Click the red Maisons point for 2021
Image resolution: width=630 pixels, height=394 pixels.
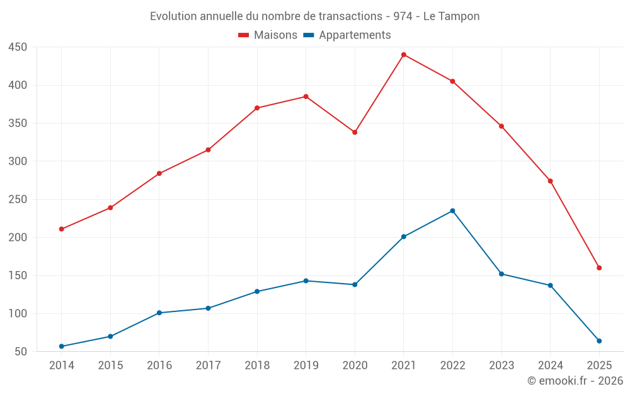tap(404, 55)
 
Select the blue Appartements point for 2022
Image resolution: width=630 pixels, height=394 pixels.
tap(452, 211)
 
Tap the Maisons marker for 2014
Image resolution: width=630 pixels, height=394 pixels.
tap(61, 229)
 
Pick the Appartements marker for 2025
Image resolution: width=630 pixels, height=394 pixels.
tap(599, 341)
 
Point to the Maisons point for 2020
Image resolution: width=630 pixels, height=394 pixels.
tap(355, 132)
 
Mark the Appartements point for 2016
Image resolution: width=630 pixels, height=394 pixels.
tap(159, 313)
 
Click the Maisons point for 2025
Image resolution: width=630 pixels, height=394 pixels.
tap(599, 268)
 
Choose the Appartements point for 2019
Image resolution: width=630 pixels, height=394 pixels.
tap(306, 281)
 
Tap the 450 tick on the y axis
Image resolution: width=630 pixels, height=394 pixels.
tap(18, 47)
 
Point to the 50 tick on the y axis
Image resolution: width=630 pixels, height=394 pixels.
tap(21, 352)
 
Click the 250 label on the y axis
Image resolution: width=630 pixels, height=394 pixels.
tap(18, 199)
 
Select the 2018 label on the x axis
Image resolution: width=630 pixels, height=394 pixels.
tap(257, 366)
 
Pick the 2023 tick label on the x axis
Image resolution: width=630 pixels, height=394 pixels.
tap(501, 366)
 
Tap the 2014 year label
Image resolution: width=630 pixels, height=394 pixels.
tap(61, 366)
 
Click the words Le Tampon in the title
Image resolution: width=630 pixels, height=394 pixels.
tap(451, 16)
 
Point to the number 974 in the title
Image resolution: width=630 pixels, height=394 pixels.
tap(403, 16)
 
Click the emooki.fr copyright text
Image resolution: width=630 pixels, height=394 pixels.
tap(575, 381)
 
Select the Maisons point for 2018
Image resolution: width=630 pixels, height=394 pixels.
tap(257, 108)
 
